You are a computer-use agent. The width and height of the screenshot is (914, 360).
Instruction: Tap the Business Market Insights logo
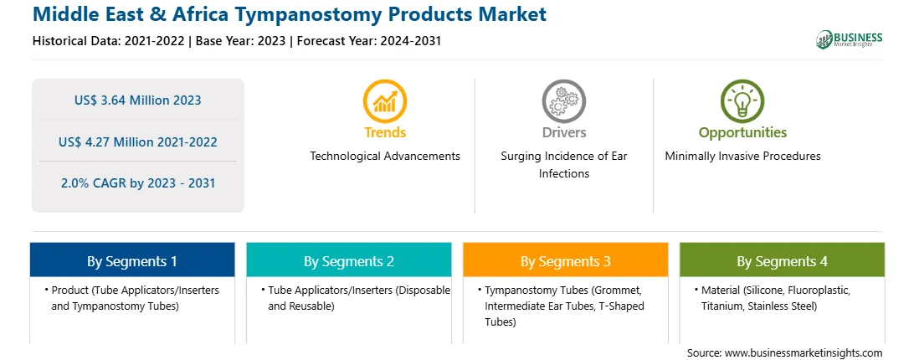coord(850,39)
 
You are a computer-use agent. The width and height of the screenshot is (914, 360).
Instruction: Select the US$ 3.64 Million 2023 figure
coord(137,100)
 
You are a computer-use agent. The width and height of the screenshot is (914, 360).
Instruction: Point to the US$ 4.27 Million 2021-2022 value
coord(137,141)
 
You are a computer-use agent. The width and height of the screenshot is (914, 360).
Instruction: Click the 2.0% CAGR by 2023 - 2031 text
coord(137,183)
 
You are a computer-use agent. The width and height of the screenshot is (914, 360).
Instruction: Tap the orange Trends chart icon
coord(385,101)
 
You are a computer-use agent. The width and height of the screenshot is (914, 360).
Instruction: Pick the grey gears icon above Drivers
coord(563,101)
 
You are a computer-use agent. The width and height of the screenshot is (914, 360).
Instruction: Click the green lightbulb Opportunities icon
coord(742,101)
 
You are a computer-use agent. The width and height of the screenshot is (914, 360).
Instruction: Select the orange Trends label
coord(385,132)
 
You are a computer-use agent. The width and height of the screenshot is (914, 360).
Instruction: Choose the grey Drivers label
coord(563,132)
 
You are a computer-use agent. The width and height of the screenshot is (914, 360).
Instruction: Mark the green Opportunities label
coord(742,133)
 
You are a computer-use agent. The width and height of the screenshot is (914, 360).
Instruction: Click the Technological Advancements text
coord(385,157)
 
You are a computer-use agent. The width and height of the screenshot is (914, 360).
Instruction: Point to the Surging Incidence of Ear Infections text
coord(563,165)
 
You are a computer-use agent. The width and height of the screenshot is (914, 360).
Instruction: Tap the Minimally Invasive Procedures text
coord(742,157)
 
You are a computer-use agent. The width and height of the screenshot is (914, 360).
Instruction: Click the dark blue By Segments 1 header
coord(132,260)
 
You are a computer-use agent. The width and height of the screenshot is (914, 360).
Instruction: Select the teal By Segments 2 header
coord(348,260)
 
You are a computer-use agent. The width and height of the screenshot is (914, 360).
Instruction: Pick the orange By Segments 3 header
coord(566,260)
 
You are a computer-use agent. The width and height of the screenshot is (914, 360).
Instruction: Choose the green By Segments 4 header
coord(783,260)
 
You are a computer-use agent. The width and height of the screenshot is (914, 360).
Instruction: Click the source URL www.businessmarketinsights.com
coord(804,353)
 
